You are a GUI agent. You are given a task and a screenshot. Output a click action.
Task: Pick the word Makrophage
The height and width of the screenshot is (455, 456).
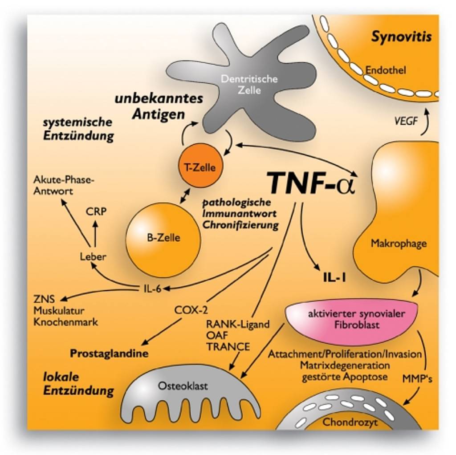pos(399,244)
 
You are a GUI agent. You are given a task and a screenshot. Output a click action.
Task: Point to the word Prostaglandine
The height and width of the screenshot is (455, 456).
pos(109,353)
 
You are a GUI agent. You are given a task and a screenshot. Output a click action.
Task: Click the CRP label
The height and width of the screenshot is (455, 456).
pos(97,211)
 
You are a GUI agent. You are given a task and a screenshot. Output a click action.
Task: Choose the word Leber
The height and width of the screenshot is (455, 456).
pos(93,256)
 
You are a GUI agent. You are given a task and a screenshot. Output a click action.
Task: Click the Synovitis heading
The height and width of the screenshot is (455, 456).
pos(401,37)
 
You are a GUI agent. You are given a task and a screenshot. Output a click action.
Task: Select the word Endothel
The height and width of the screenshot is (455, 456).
pos(386,70)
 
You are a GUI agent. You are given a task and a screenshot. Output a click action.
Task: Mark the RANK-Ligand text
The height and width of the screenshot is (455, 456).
pos(238,324)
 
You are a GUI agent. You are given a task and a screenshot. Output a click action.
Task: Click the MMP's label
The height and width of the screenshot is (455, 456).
pos(417,379)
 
